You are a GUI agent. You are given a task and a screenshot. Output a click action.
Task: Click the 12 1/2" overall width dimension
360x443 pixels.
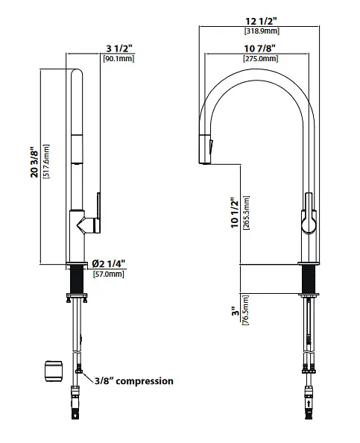[261, 21]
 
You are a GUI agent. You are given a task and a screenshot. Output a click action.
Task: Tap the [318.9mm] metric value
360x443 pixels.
[262, 31]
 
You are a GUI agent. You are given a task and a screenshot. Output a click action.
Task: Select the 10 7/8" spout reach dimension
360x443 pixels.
[259, 48]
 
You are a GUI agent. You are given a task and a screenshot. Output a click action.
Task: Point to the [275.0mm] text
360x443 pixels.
[261, 58]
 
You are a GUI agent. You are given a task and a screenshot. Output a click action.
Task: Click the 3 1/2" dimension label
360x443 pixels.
[119, 48]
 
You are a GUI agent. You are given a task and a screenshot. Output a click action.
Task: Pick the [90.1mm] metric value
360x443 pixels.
[119, 58]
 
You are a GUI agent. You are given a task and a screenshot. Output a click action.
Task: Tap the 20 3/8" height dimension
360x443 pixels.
[34, 162]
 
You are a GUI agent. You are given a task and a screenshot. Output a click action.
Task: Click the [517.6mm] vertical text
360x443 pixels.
[46, 162]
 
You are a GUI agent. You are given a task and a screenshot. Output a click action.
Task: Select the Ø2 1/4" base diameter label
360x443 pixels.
[108, 264]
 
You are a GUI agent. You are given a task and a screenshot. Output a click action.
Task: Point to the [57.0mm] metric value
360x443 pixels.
[109, 274]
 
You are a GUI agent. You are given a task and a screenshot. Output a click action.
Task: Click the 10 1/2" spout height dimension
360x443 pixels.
[235, 213]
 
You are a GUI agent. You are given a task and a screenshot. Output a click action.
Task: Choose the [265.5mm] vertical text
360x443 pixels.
[246, 213]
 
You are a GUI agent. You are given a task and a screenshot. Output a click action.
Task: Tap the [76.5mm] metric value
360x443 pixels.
[245, 310]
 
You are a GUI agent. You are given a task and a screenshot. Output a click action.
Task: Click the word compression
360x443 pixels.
[145, 381]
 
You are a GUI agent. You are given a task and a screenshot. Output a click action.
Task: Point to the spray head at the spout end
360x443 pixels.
[206, 149]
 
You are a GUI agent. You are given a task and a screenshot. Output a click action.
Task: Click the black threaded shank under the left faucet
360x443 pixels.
[76, 280]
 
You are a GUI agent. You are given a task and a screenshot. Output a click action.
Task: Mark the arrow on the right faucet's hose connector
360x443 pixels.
[309, 403]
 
